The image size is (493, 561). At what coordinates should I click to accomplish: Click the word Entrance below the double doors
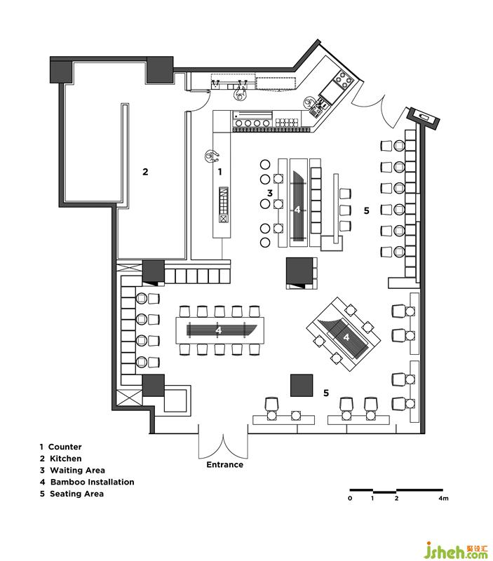coord(224,464)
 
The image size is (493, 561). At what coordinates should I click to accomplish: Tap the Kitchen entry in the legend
coord(61,459)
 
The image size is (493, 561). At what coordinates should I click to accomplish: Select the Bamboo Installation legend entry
coord(87,482)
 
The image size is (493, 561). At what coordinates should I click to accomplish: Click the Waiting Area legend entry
coord(73,470)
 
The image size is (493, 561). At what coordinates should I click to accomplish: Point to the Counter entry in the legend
coord(61,447)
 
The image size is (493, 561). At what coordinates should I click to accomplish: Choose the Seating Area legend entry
coord(72,494)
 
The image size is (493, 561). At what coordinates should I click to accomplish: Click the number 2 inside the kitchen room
coord(145,172)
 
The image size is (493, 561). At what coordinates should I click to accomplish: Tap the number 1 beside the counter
coord(220,172)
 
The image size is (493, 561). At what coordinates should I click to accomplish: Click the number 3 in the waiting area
coord(270,194)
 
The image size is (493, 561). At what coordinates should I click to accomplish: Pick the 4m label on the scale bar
coord(443,498)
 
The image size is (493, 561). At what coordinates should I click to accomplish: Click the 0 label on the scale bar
coord(350,498)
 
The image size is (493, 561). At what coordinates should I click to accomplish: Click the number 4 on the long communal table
coord(218,330)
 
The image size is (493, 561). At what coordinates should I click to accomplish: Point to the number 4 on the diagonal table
coord(346,337)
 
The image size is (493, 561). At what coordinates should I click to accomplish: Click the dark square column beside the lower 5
coord(302,385)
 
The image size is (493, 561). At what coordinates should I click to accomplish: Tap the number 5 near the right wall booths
coord(366,211)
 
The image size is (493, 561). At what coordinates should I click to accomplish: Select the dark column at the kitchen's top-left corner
coord(62,72)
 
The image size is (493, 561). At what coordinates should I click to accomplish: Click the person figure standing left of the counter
coord(212,156)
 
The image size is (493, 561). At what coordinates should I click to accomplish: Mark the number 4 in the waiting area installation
coord(297,210)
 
